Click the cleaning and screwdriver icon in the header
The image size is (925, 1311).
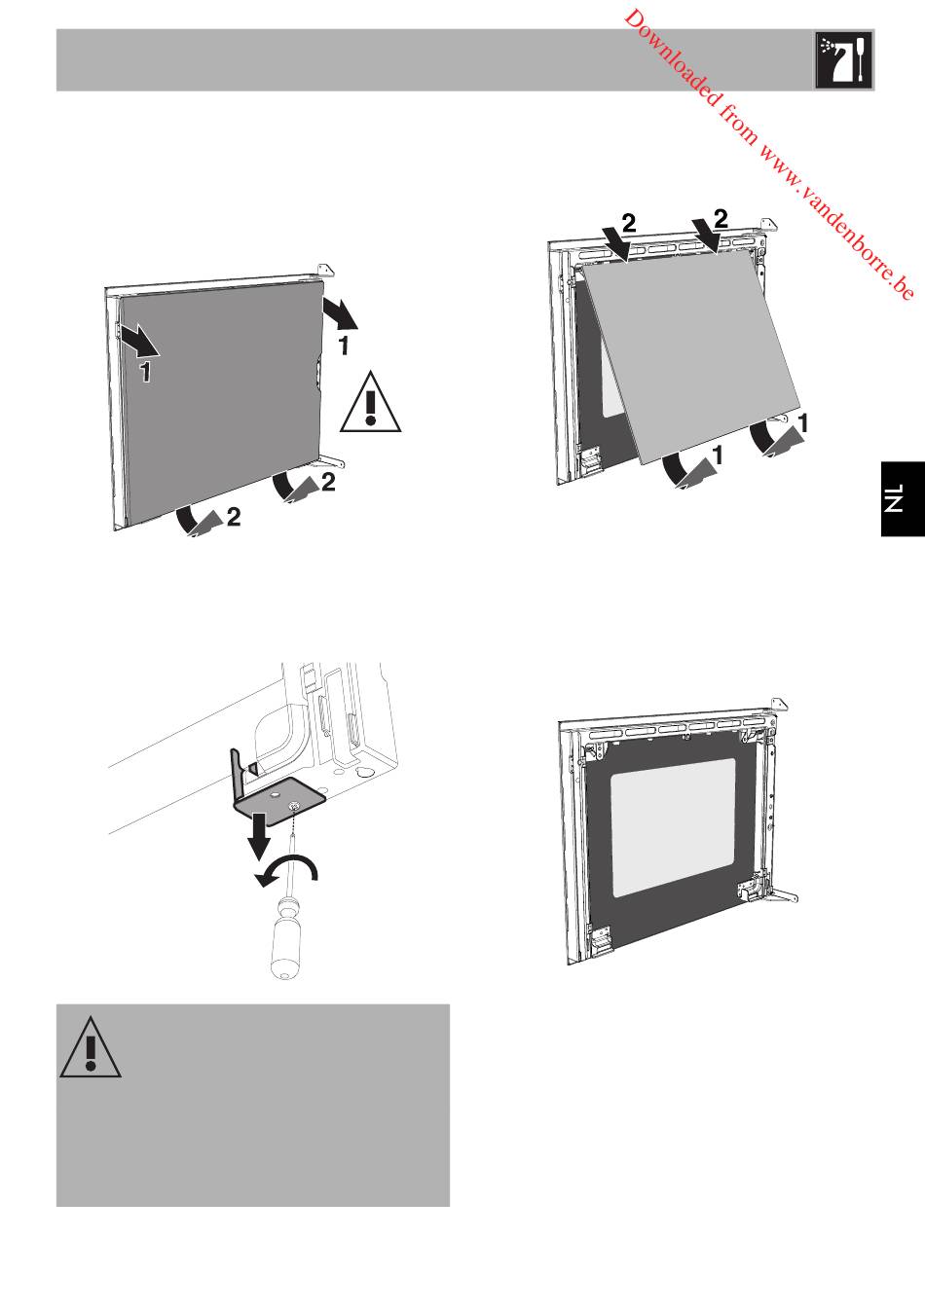(x=843, y=60)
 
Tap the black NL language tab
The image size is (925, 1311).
(x=903, y=498)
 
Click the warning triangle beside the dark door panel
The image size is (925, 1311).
(x=371, y=402)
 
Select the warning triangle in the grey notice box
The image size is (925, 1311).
(x=91, y=1047)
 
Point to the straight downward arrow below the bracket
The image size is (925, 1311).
(x=258, y=835)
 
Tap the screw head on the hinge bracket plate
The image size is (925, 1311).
(x=294, y=807)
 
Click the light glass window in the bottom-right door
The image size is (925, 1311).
(x=673, y=827)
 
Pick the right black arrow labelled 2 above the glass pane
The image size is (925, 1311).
(x=706, y=236)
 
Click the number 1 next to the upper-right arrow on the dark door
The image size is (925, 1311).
(x=345, y=346)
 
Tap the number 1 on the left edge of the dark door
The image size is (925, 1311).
(x=145, y=371)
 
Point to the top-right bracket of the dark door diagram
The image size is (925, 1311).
(x=325, y=269)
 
